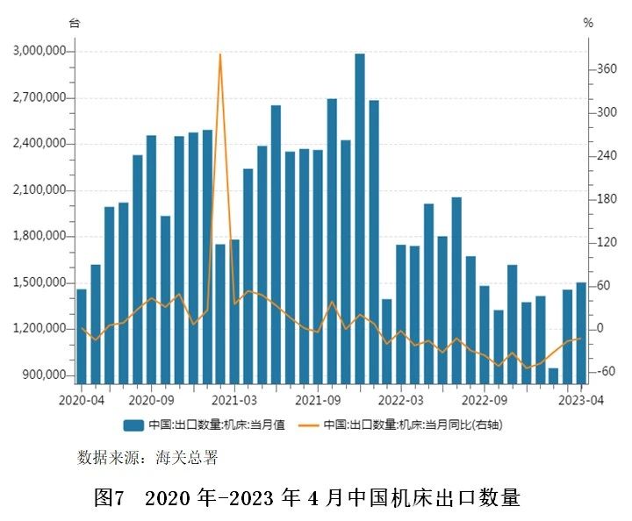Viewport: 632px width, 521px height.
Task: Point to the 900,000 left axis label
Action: tap(42, 375)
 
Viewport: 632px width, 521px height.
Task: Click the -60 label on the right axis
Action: tap(604, 372)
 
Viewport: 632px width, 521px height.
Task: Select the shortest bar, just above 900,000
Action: tap(553, 375)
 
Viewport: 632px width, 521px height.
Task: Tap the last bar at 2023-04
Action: tap(581, 332)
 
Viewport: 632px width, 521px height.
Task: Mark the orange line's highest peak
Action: tap(220, 55)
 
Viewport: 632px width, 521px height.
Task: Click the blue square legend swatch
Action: tap(133, 425)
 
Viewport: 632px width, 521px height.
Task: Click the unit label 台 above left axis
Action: tap(75, 23)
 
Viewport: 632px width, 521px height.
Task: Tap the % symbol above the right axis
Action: tap(588, 23)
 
